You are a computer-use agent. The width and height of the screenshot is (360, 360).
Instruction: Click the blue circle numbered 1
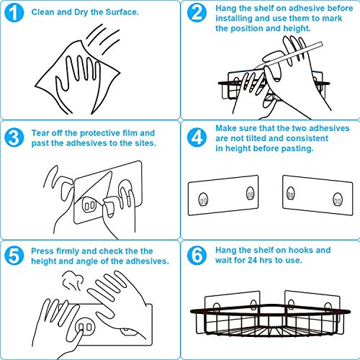14,12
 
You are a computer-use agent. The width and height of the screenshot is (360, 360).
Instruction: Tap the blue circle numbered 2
197,12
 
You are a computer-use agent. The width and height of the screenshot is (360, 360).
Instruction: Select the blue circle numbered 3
14,138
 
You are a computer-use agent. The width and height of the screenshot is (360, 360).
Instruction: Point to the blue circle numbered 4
197,138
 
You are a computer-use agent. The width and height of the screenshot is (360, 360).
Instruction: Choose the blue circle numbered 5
14,256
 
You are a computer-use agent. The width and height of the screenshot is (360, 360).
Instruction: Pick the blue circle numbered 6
197,256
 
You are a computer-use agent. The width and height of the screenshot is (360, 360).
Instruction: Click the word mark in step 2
332,18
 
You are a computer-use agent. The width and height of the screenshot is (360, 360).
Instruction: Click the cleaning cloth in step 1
77,77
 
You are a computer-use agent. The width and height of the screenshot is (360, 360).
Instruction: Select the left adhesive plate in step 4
223,195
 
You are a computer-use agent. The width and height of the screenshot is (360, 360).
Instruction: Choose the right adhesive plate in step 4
318,195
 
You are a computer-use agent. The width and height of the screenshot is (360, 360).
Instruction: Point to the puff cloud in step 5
73,280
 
